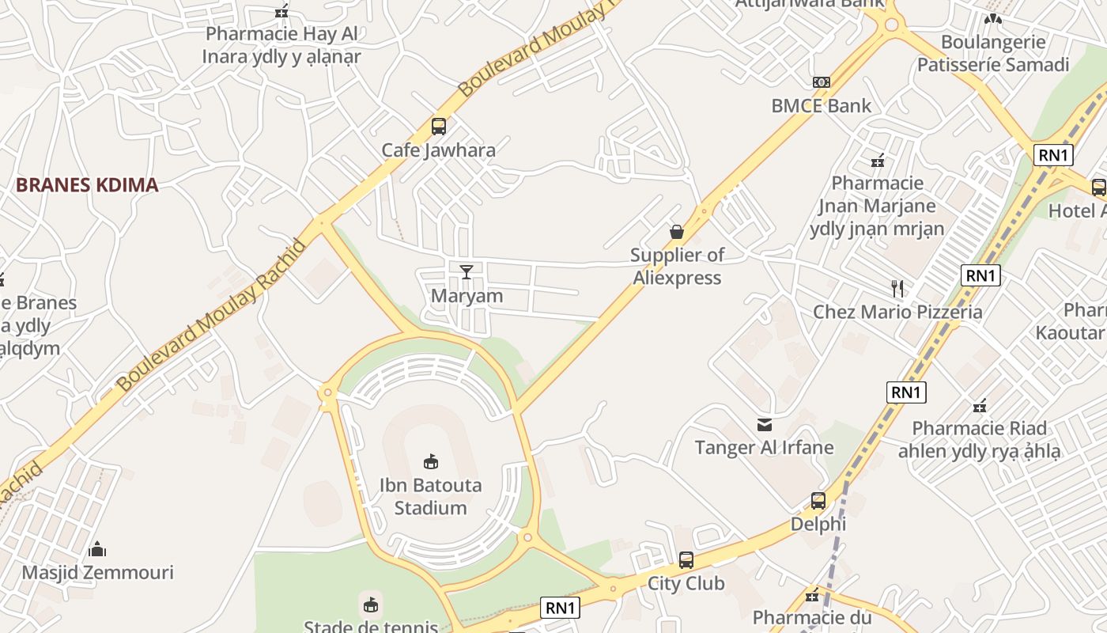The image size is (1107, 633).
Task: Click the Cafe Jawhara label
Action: coord(439,150)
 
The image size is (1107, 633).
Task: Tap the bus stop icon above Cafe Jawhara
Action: coord(439,126)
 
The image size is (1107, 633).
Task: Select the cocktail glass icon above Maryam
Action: coord(467,272)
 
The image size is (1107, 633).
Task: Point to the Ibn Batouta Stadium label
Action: coord(430,496)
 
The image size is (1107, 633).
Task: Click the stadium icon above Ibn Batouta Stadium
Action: coord(431,461)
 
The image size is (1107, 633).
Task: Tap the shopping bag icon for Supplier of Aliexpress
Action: coord(677,232)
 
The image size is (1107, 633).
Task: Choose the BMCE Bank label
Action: coord(822,106)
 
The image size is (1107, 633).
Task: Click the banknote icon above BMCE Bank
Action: coord(822,82)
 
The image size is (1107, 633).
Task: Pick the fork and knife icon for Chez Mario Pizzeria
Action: coord(897,288)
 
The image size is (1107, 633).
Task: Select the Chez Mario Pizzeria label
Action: coord(897,312)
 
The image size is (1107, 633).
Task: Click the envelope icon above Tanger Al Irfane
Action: coord(765,425)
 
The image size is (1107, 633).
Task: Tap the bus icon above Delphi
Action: coord(818,501)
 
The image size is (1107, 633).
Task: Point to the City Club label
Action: coord(686,584)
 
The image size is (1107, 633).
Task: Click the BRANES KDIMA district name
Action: coord(87,185)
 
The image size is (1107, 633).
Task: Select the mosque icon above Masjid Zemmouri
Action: coord(97,549)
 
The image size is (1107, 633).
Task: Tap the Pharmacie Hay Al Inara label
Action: coord(281,45)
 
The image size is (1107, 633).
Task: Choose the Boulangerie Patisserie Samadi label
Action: coord(993,53)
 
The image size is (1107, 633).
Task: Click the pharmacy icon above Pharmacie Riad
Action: coord(980,406)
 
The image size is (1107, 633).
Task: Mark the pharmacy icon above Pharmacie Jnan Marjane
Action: coord(878,161)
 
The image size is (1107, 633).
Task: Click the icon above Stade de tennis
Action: coord(370,606)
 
